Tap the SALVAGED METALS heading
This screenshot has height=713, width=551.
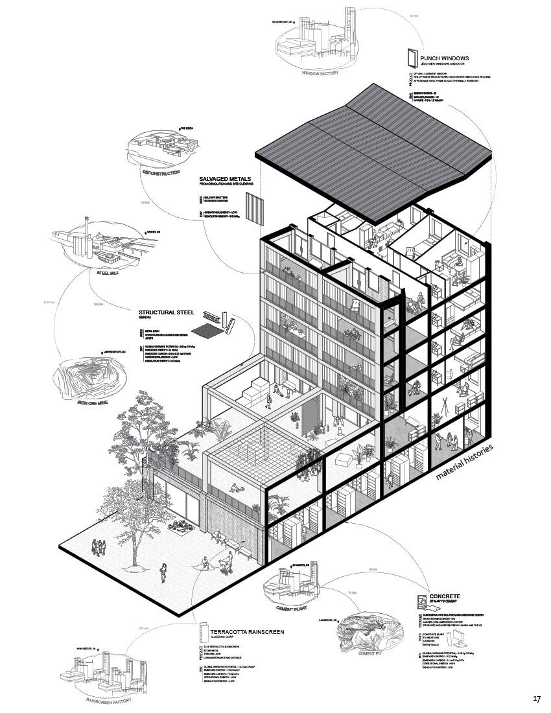(224, 178)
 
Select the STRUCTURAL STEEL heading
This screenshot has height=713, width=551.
(167, 312)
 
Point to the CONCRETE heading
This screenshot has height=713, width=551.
(445, 595)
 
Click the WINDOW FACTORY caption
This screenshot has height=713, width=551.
(320, 73)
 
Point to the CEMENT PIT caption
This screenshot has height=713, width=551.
(370, 656)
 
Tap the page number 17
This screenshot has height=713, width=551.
(537, 699)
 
